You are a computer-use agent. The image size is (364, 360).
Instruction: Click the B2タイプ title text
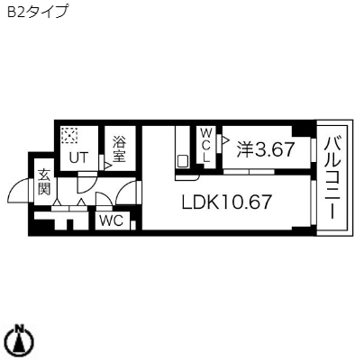tap(37, 13)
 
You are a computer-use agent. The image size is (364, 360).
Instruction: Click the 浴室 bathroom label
tap(118, 148)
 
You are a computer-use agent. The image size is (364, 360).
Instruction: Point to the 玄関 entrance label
tap(43, 182)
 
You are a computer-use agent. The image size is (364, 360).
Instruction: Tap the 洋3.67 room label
tap(265, 149)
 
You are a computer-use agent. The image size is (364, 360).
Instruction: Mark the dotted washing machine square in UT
tap(68, 136)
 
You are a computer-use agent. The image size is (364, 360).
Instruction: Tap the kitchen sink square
tap(183, 161)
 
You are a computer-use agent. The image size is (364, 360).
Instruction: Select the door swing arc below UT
tap(86, 180)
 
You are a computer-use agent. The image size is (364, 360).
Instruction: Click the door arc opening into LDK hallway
tap(132, 192)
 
